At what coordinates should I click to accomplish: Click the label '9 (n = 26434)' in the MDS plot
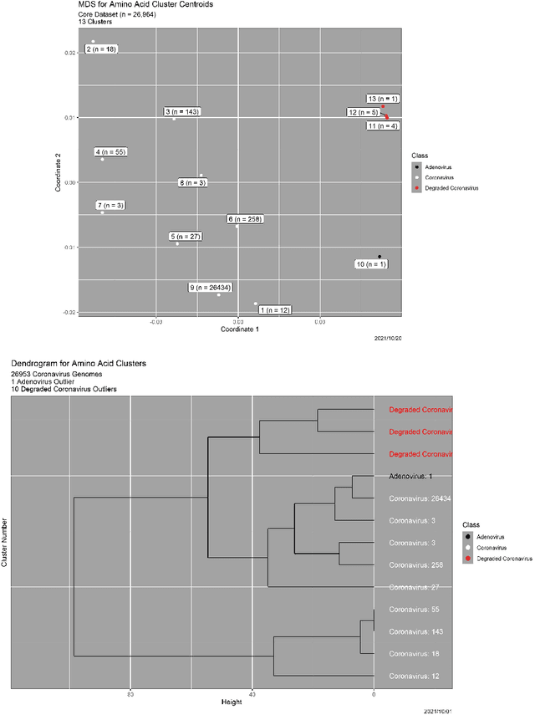[211, 287]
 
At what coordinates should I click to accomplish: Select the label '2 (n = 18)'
[101, 49]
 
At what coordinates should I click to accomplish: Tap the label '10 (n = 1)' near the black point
[371, 264]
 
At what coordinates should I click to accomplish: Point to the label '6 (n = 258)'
[245, 219]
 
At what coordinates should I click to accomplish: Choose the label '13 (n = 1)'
[383, 99]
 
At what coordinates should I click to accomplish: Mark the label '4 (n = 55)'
[110, 152]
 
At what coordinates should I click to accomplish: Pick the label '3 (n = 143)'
[182, 111]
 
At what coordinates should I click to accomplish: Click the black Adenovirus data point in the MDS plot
[380, 257]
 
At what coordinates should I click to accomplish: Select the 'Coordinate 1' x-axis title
[239, 329]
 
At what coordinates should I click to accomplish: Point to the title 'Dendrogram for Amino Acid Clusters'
[79, 364]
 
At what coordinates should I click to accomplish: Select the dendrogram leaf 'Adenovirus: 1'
[410, 476]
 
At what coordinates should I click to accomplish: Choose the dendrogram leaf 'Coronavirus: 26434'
[420, 498]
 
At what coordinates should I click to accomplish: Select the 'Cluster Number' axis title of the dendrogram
[5, 542]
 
